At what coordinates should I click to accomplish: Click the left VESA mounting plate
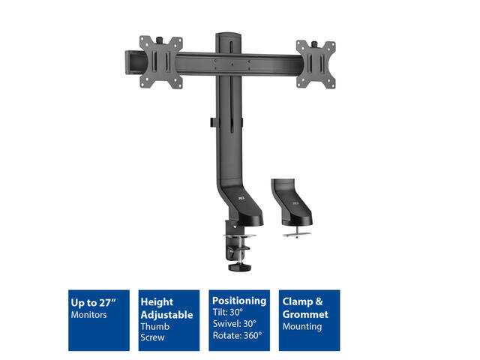point(161,62)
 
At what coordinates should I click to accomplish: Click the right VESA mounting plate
point(316,64)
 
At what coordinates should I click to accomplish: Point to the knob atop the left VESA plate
point(160,40)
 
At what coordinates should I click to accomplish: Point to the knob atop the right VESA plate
point(315,44)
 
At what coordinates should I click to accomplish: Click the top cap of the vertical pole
point(228,34)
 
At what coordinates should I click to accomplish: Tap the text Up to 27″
point(93,303)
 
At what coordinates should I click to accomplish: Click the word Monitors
point(88,315)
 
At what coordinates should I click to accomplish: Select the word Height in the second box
point(157,301)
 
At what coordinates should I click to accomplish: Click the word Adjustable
point(166,315)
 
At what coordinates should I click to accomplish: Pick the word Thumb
point(155,326)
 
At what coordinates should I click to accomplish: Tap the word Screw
point(152,337)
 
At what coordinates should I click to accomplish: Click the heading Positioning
point(239,301)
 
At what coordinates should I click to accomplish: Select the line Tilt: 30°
point(228,312)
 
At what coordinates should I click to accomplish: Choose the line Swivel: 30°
point(235,323)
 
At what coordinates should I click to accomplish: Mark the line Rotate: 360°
point(237,335)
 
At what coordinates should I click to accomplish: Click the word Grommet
point(305,314)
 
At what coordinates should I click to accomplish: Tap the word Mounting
point(302,327)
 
